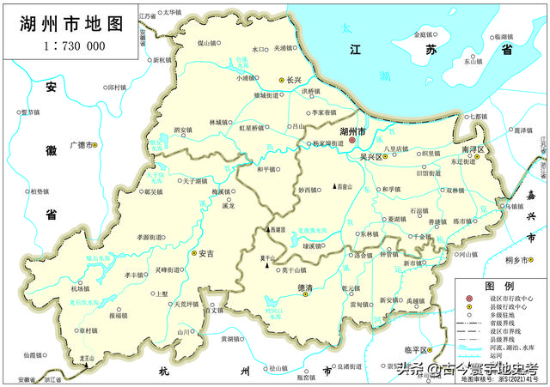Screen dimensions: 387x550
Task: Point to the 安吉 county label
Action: [205, 253]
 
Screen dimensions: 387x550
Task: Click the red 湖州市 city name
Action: [352, 131]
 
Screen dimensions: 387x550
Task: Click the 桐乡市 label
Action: [521, 260]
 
